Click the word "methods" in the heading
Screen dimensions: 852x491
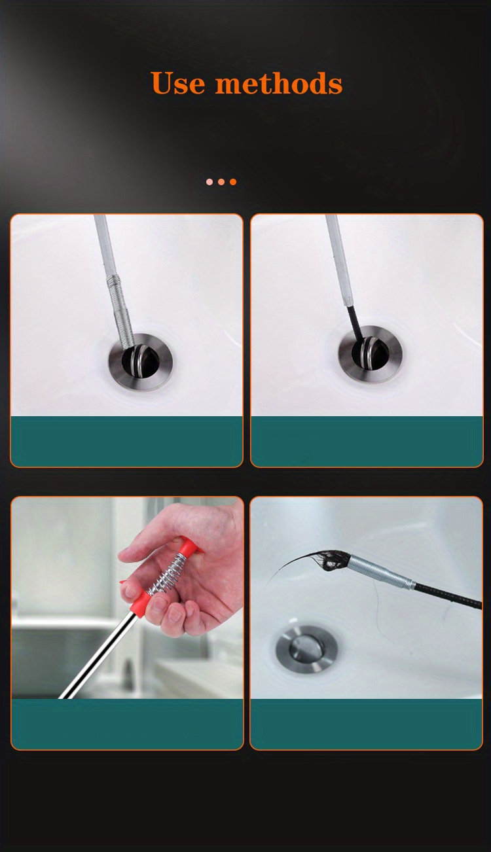pos(279,84)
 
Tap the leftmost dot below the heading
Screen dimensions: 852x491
pos(209,182)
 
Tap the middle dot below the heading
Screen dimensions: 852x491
pos(221,182)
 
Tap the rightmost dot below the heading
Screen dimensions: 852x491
pos(233,182)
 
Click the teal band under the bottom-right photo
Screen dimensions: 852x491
pos(366,723)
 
